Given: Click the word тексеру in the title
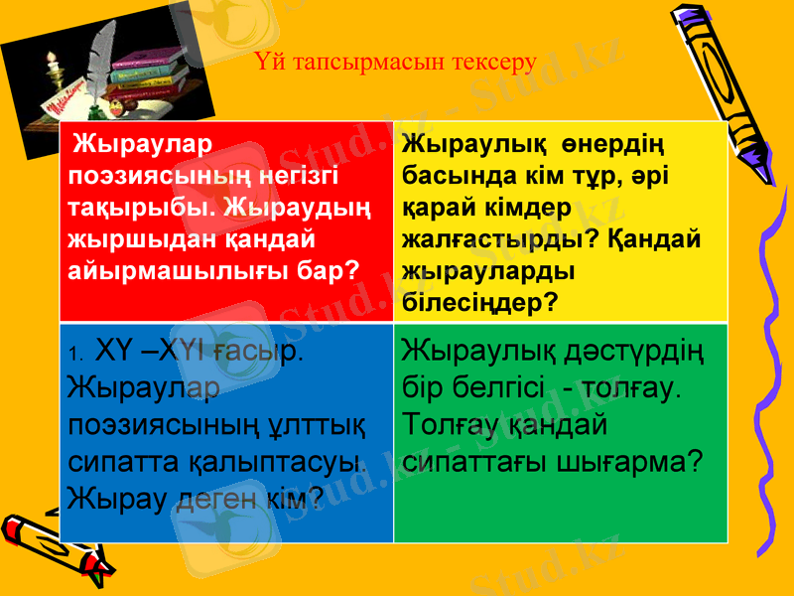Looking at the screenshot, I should point(494,63).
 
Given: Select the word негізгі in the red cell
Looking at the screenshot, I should point(287,176).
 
